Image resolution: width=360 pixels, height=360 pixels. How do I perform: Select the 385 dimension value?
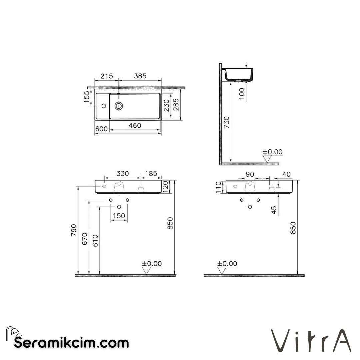(140, 76)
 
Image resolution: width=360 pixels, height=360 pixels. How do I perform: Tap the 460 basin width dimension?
(135, 126)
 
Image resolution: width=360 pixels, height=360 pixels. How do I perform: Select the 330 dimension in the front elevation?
(122, 174)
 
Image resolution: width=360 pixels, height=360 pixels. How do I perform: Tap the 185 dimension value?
(151, 174)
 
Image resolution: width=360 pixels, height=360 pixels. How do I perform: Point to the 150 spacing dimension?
(119, 216)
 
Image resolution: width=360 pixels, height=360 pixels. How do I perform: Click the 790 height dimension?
(74, 230)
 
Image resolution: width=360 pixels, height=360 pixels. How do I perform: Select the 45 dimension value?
(274, 210)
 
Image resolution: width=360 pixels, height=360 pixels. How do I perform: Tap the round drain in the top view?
(119, 106)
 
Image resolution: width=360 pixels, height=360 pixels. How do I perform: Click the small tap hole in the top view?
(103, 106)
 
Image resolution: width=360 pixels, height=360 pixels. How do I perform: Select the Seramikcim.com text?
(71, 343)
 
